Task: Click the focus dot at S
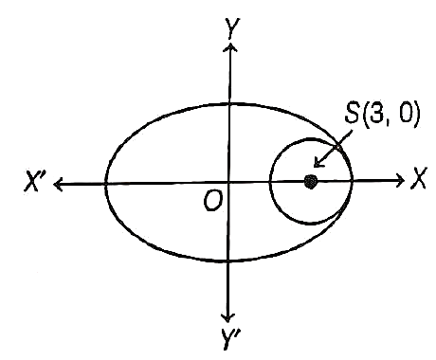pos(311,182)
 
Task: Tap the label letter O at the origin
pos(212,201)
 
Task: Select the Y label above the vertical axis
pos(232,27)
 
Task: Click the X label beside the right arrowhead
pos(418,178)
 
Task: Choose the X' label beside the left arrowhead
pos(36,181)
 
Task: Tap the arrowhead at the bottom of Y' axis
pos(227,317)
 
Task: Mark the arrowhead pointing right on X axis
pos(401,180)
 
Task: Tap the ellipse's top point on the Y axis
pos(229,103)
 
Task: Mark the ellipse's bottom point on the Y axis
pos(228,261)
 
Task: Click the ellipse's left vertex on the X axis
pos(105,184)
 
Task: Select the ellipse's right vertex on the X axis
pos(352,181)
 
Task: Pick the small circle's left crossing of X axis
pos(270,182)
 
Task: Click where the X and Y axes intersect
pos(228,182)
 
